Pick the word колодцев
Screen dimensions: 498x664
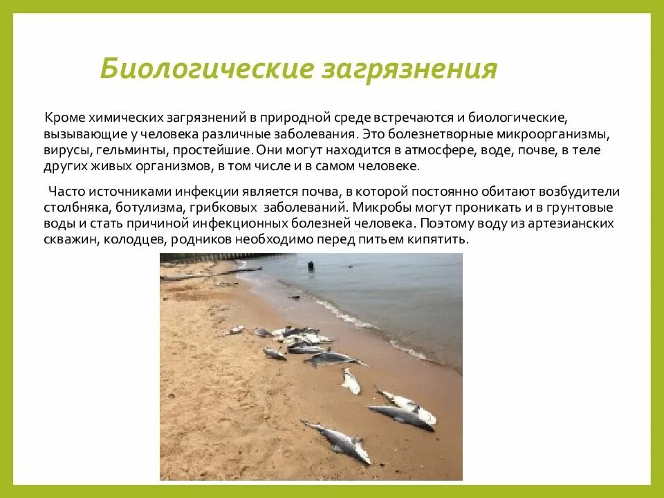pos(138,240)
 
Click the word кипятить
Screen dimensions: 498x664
pos(438,240)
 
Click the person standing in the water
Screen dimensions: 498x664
pos(311,266)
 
